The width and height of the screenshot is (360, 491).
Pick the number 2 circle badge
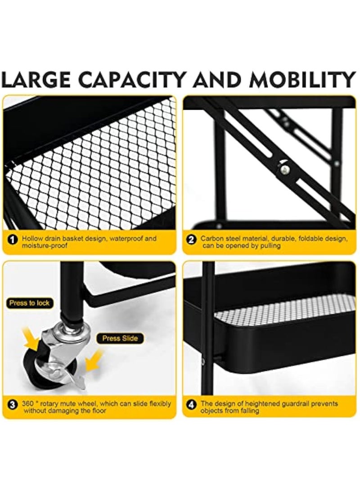tap(191, 240)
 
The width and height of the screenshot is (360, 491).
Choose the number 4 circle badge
tap(191, 405)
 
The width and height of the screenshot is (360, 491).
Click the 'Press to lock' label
tap(30, 303)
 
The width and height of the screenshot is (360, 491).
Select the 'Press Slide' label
tap(120, 338)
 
